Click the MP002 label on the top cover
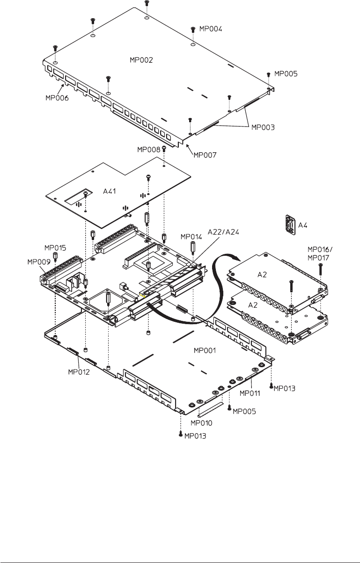(x=141, y=60)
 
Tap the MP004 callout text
(x=211, y=29)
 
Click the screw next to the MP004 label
(x=193, y=30)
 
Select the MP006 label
(x=57, y=98)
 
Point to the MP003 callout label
(x=263, y=127)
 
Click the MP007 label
(x=205, y=155)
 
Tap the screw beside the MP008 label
(x=164, y=148)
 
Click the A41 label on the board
(x=110, y=191)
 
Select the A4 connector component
(x=290, y=224)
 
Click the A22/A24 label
(x=223, y=232)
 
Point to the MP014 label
(x=191, y=237)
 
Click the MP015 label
(x=55, y=248)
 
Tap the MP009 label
(x=39, y=262)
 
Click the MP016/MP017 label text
(x=320, y=253)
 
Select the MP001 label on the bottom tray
(x=205, y=350)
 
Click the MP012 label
(x=79, y=372)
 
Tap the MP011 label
(x=250, y=393)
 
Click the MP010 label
(x=201, y=423)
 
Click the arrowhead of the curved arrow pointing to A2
(x=235, y=257)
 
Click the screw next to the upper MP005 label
(x=269, y=74)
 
